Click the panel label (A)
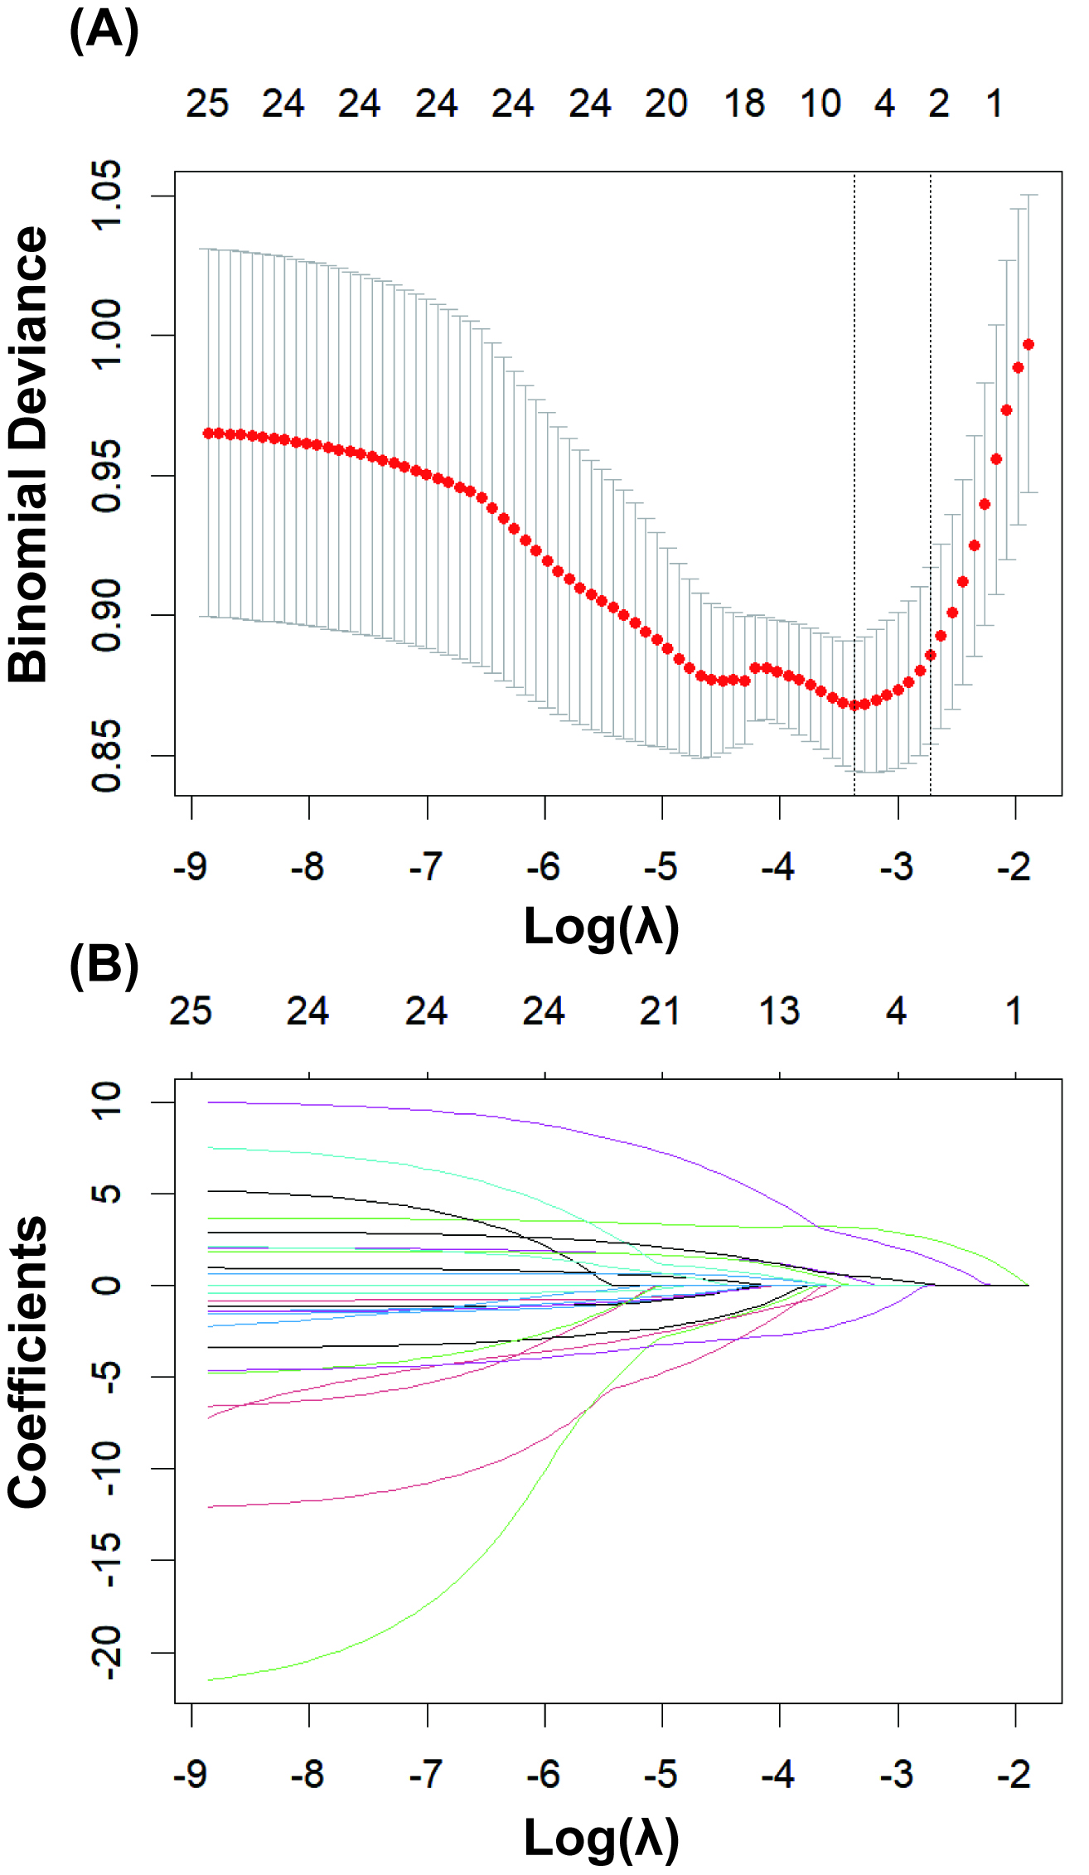(104, 31)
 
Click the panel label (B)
(104, 966)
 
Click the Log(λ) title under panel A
(602, 927)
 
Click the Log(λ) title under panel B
(602, 1839)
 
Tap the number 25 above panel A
(206, 104)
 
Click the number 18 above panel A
(743, 104)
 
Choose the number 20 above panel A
(665, 104)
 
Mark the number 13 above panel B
(779, 1011)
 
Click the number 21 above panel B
(660, 1011)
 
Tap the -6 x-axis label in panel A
(543, 867)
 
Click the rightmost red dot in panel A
(1028, 344)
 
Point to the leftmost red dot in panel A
(208, 433)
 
